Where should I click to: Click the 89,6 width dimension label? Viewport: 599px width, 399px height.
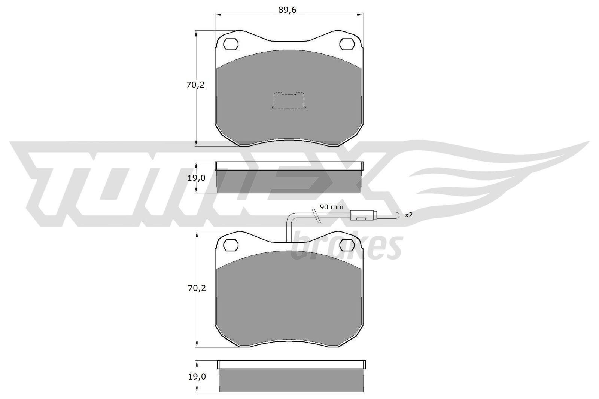(287, 10)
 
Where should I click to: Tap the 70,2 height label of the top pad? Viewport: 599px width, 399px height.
(195, 85)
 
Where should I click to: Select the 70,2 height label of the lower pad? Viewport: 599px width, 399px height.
(195, 288)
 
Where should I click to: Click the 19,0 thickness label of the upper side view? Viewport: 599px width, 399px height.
(195, 178)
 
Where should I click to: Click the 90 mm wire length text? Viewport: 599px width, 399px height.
(331, 207)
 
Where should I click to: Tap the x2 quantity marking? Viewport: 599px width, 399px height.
(408, 215)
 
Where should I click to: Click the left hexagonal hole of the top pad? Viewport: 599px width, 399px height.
(231, 44)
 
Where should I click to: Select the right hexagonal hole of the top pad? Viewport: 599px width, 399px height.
(347, 44)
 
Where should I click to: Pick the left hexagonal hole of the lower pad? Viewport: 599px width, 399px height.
(231, 245)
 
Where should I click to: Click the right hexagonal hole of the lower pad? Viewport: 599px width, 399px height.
(347, 245)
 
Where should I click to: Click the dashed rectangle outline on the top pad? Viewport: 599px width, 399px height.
(289, 101)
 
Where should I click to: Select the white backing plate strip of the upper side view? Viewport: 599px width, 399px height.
(289, 166)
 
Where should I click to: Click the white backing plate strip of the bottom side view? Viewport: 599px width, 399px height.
(291, 364)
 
